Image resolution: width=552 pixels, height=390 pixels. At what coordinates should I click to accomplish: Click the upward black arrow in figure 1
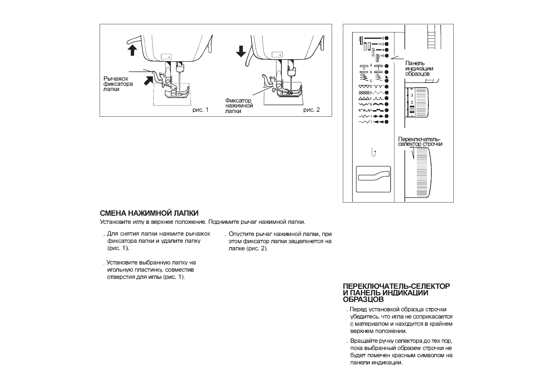(x=132, y=50)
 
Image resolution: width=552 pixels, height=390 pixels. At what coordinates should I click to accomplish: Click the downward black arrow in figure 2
(x=241, y=51)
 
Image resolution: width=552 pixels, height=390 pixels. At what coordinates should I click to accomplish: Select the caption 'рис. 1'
(x=200, y=110)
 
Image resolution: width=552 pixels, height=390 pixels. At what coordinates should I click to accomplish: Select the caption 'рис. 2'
(x=311, y=110)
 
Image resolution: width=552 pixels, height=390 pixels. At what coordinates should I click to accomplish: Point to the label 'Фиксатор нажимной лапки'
(x=239, y=106)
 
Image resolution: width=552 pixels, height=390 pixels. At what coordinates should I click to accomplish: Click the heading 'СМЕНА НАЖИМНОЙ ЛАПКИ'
(x=149, y=213)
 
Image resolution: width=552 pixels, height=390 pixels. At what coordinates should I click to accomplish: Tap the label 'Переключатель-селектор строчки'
(x=420, y=142)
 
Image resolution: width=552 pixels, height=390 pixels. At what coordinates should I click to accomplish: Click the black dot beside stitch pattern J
(x=386, y=122)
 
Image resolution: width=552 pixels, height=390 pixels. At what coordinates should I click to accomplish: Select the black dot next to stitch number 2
(x=386, y=38)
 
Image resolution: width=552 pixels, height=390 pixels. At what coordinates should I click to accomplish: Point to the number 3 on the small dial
(x=412, y=95)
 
